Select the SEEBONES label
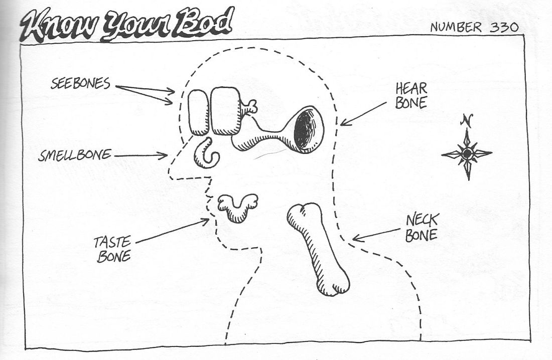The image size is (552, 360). [80, 83]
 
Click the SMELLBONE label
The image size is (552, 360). [75, 155]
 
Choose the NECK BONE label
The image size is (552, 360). [422, 227]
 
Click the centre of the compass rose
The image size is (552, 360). [467, 154]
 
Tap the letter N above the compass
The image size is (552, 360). [467, 121]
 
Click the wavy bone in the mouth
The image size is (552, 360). [236, 207]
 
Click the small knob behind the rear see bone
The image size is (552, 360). [249, 107]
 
